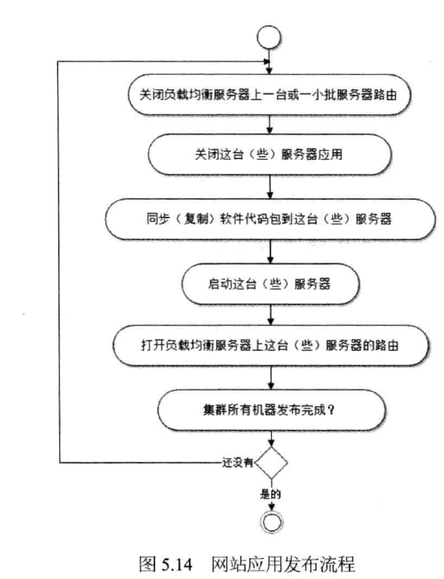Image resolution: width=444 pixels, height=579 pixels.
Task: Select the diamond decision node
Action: click(271, 463)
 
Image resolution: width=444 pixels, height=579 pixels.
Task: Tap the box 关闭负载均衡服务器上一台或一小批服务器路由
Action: click(269, 95)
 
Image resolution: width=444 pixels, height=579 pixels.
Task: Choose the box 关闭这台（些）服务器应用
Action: click(270, 155)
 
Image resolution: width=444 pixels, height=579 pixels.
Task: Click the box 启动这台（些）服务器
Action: click(270, 284)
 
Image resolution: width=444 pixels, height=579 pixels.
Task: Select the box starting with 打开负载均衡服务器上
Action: click(271, 345)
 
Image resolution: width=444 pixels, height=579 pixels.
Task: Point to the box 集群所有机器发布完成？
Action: click(271, 410)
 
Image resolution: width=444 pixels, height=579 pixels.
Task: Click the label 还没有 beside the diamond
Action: click(237, 462)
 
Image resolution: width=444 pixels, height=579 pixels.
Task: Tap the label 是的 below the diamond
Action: click(270, 494)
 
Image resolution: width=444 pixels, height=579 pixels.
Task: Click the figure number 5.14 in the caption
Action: click(177, 564)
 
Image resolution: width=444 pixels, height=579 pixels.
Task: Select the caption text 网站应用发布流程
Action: click(283, 564)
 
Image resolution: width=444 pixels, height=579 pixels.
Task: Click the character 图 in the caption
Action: click(147, 564)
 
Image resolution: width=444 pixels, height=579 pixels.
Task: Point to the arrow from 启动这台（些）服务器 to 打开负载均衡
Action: click(270, 314)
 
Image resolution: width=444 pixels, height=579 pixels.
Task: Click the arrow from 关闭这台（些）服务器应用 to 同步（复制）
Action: click(270, 187)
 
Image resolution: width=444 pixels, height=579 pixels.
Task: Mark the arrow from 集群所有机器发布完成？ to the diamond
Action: click(271, 438)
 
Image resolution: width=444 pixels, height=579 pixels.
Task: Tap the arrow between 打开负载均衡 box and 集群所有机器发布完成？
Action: click(271, 378)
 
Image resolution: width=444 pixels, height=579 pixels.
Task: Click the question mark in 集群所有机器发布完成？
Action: click(331, 410)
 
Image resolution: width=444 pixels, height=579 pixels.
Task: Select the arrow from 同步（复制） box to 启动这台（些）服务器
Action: click(270, 251)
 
